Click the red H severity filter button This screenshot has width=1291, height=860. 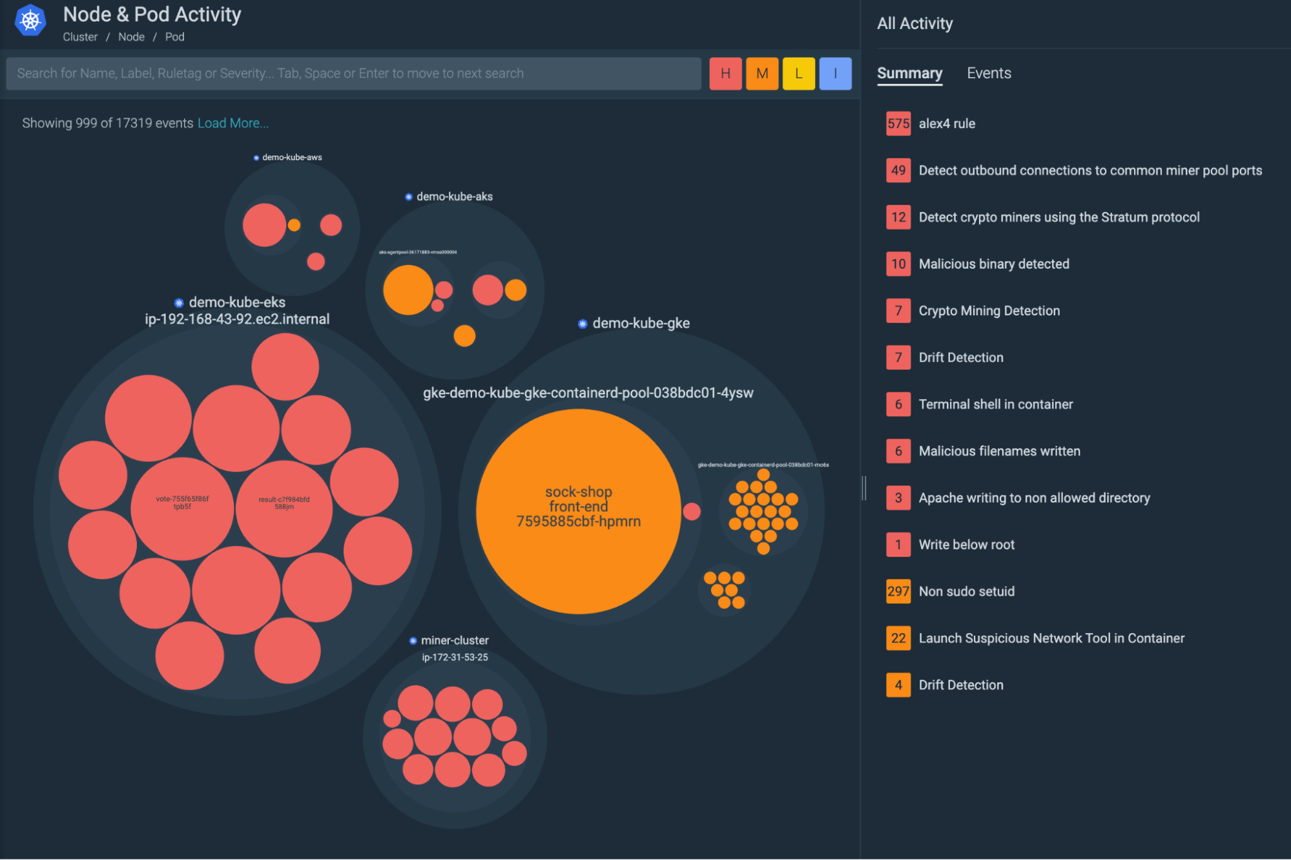tap(725, 74)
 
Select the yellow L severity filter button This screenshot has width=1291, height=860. tap(798, 74)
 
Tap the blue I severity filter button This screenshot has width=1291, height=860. tap(835, 74)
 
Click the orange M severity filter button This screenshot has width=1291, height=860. tap(762, 74)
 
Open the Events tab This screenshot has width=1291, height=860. tap(988, 73)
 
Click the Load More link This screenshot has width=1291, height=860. tap(232, 123)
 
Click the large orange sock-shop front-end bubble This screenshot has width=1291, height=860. tap(578, 510)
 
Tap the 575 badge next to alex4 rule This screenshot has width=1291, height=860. tap(898, 123)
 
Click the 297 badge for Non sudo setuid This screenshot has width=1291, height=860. tap(898, 591)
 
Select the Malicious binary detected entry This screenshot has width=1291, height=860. tap(993, 264)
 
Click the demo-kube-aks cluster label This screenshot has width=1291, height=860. tap(454, 196)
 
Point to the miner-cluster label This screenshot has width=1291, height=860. tap(454, 640)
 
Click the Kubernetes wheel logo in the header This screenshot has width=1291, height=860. tap(30, 21)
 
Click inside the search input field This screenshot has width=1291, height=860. tap(353, 74)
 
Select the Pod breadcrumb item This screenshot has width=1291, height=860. tap(174, 37)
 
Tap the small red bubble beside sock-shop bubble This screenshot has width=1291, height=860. tap(692, 512)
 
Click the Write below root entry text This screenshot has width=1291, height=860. tap(966, 545)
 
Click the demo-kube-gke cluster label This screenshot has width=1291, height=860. tap(641, 323)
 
